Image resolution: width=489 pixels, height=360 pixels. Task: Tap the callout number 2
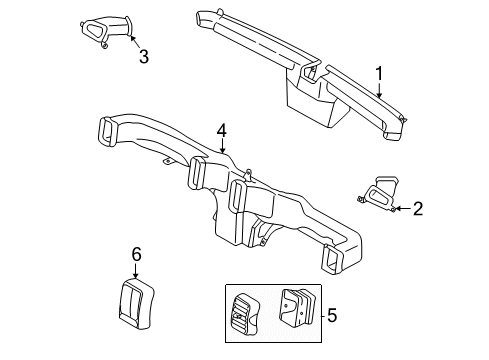[418, 208]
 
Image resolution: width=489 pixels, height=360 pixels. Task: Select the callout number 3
[143, 57]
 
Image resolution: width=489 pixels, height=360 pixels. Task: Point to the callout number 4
[221, 130]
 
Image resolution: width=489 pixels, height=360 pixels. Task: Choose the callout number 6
[136, 255]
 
